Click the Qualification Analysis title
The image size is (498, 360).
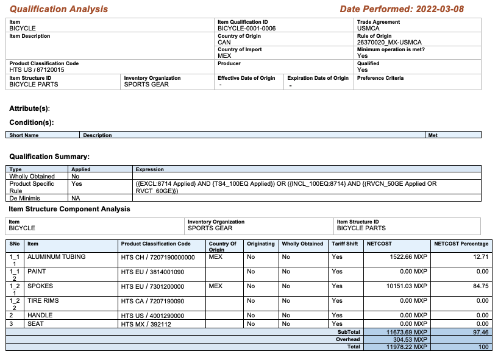pos(59,9)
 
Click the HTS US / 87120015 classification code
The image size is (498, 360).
pos(37,69)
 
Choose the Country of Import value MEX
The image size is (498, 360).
pos(224,56)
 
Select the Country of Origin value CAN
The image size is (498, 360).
pos(224,43)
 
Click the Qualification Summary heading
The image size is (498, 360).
pos(49,157)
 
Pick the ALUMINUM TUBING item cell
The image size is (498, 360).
pos(56,257)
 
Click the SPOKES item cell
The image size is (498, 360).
pos(40,286)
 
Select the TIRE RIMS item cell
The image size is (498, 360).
pos(43,301)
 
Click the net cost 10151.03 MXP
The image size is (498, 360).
pos(407,286)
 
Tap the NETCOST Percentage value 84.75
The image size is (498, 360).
pos(480,286)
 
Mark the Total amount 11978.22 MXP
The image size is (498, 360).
pos(406,347)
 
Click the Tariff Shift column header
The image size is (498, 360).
pos(345,244)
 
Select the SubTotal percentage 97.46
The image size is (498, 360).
pos(480,332)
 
